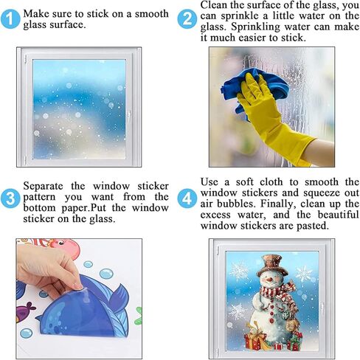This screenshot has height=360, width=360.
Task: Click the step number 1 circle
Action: (x=10, y=19)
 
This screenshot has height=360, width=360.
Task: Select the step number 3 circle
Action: (x=10, y=198)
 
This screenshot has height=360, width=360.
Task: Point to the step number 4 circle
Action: (x=188, y=198)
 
